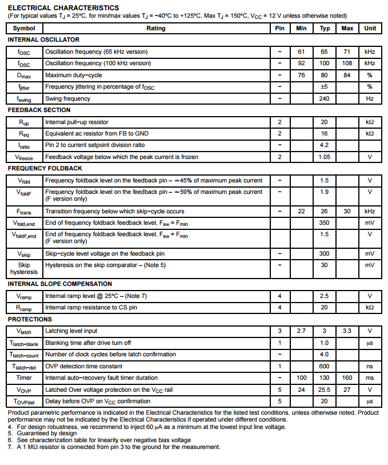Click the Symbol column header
24,28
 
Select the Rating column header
155,28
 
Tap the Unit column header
370,28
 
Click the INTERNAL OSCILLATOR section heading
43,39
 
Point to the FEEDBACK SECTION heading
39,110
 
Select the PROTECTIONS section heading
30,319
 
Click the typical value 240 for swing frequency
324,98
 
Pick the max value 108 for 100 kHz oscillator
347,63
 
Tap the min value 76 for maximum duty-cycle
301,75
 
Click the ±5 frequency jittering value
324,86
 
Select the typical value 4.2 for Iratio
324,145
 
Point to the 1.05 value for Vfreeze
324,157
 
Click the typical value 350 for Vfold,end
324,222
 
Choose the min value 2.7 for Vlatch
301,331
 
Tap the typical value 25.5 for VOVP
324,390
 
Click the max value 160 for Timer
347,377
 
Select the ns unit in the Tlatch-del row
370,366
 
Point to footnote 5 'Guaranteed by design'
40,434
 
